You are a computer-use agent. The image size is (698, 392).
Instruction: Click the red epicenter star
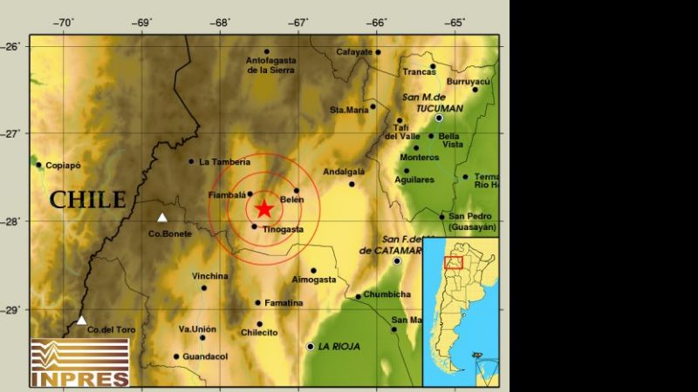[x=264, y=208]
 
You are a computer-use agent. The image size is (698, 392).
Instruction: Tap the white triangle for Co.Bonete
[x=161, y=218]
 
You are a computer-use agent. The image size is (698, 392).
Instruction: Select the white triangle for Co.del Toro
[x=81, y=321]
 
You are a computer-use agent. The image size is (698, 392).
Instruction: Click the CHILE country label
[x=87, y=199]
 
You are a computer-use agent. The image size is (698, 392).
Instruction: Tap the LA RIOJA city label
[x=339, y=347]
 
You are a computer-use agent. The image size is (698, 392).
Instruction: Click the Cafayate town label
[x=355, y=51]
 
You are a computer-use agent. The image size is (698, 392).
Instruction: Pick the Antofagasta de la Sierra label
[x=271, y=65]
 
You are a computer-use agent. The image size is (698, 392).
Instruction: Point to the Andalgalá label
[x=343, y=172]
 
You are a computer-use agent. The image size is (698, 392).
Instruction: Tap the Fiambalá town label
[x=227, y=195]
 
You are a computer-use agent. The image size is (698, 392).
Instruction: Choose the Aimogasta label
[x=313, y=280]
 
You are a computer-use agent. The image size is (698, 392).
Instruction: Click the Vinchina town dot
[x=204, y=287]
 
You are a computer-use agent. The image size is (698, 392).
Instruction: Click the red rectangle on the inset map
[x=453, y=262]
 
